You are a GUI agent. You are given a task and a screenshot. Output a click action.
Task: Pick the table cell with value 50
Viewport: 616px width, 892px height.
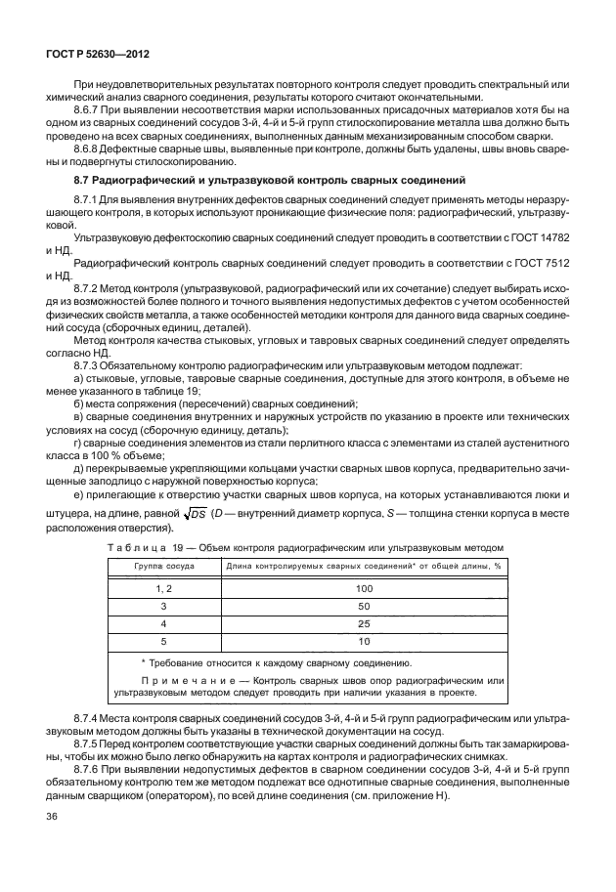click(365, 606)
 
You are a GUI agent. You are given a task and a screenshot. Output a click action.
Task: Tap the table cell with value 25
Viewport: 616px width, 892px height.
click(365, 623)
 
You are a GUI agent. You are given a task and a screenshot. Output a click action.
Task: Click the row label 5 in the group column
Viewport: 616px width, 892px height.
click(164, 641)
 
